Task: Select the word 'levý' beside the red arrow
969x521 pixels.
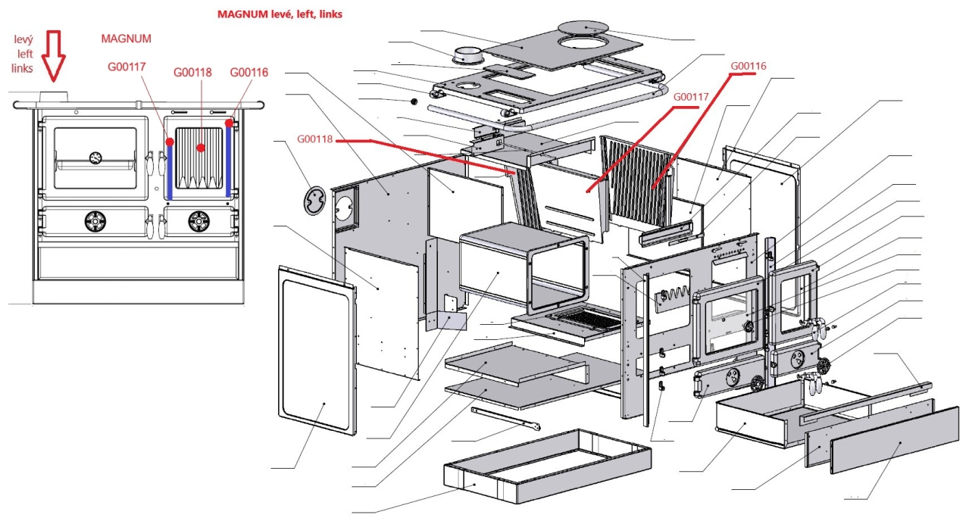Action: coord(23,39)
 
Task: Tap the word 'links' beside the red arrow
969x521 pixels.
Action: coord(23,69)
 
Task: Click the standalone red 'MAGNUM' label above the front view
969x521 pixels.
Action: coord(127,39)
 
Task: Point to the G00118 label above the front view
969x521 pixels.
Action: coord(192,73)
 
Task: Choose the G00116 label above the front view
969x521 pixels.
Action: coord(249,72)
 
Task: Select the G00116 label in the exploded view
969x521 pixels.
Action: coord(748,66)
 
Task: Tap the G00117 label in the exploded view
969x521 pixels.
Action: coord(690,97)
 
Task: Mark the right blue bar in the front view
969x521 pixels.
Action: coord(228,160)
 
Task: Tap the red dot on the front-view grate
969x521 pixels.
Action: coord(201,148)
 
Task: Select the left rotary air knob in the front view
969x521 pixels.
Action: coord(95,221)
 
